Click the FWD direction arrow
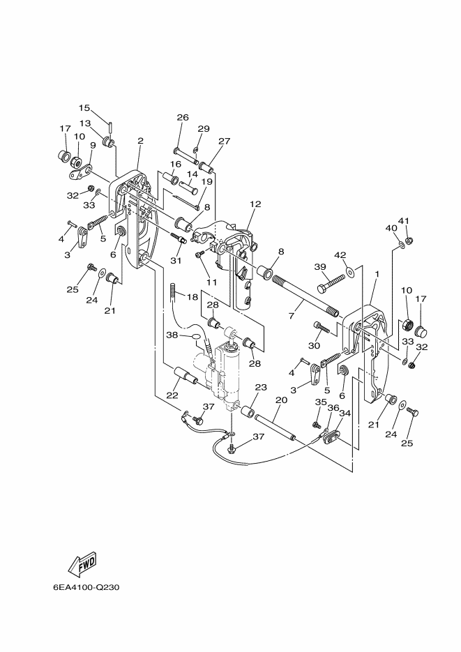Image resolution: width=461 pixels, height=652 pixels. coord(82,564)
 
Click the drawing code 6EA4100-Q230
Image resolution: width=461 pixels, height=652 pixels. coord(86,588)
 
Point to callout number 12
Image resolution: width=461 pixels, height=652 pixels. coord(255,204)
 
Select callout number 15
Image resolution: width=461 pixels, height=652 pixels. coord(84,108)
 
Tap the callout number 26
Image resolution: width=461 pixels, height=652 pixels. coord(183,117)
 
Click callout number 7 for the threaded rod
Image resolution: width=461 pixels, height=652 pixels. coord(292,316)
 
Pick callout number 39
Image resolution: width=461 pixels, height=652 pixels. coord(320,266)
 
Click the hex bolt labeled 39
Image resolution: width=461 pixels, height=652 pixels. coord(331,282)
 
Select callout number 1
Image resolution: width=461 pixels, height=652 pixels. coord(377,274)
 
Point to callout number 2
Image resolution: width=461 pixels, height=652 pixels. coord(140,141)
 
